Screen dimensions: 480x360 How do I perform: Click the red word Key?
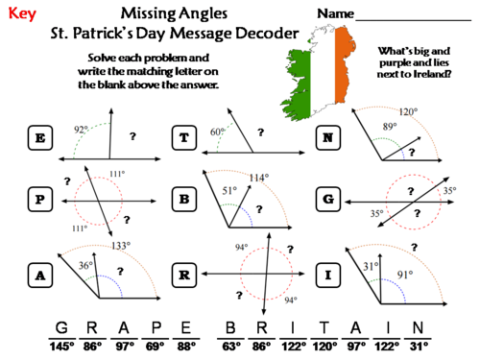click(22, 14)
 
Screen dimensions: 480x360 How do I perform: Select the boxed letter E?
click(39, 140)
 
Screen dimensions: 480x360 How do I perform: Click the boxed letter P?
click(39, 199)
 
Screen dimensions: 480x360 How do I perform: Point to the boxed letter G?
click(327, 199)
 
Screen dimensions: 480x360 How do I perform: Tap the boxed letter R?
click(183, 276)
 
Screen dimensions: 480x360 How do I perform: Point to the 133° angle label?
click(121, 246)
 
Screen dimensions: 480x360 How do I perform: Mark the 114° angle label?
click(258, 178)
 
